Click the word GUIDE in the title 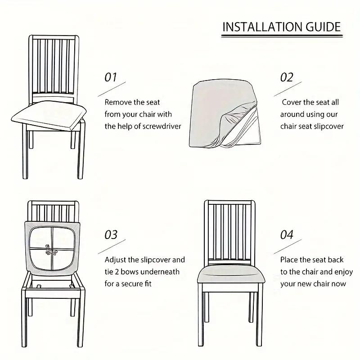click(x=321, y=27)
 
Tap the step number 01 click(x=111, y=77)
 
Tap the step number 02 click(x=287, y=77)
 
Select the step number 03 click(x=111, y=234)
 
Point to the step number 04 click(x=287, y=234)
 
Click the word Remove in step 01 click(x=118, y=103)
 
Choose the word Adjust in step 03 click(x=116, y=260)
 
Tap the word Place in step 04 click(x=290, y=260)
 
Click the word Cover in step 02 click(x=292, y=103)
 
